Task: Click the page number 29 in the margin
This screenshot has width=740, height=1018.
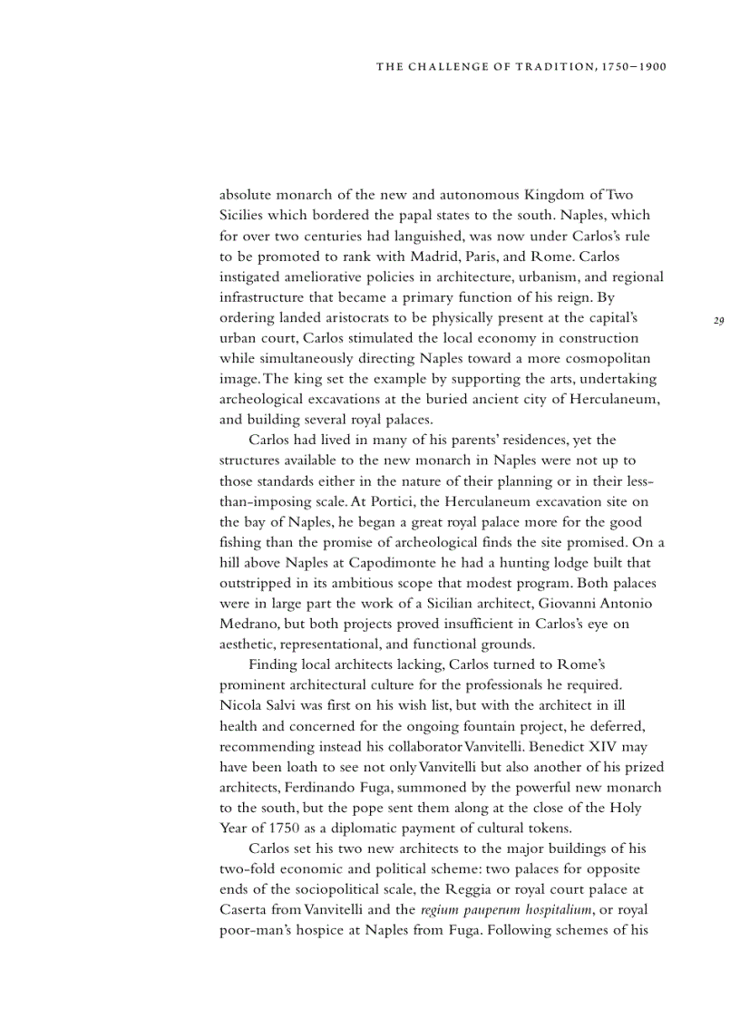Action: [x=719, y=320]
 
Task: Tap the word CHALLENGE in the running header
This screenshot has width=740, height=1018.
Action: [x=445, y=66]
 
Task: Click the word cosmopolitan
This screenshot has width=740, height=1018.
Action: [x=607, y=359]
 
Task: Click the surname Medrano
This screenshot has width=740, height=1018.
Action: [x=248, y=624]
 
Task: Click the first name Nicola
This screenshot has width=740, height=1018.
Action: [x=241, y=705]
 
